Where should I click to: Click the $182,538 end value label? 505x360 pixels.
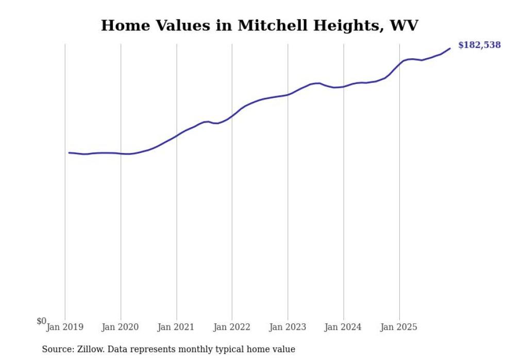(479, 45)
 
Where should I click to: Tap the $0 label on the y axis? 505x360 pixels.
(41, 321)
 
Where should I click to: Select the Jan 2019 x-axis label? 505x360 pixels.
(65, 327)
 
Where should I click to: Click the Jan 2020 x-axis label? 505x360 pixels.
(121, 327)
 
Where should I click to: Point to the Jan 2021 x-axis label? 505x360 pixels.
(176, 327)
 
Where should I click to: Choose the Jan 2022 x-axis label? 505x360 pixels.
(232, 327)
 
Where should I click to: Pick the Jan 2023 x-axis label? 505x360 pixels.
(288, 327)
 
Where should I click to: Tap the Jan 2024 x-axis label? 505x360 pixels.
(343, 327)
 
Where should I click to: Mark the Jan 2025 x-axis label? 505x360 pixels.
(399, 327)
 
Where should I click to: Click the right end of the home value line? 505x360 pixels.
(450, 48)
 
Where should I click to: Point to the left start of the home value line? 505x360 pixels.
(69, 152)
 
